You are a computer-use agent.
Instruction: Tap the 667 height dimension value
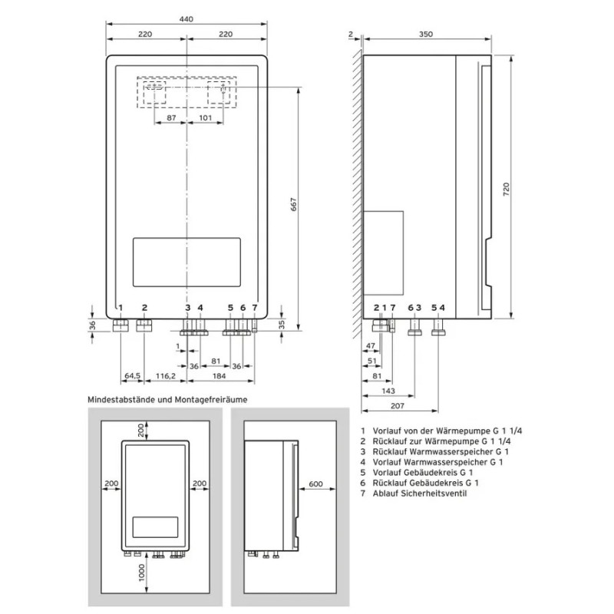[293, 206]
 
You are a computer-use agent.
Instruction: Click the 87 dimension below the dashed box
[171, 117]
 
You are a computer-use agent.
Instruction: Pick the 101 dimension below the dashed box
[206, 117]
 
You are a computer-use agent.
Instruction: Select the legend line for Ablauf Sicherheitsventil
[419, 494]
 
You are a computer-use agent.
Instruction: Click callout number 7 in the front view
[255, 308]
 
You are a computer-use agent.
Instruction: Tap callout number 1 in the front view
[120, 308]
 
